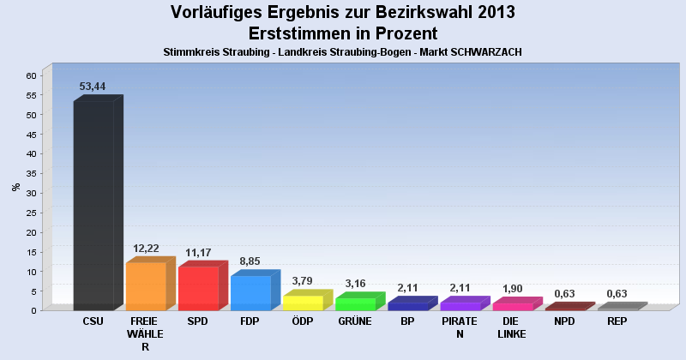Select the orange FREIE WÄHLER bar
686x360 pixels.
146,286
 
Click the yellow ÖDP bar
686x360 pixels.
303,303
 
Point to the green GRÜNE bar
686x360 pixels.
355,303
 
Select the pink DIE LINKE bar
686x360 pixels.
513,306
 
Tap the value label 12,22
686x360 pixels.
146,249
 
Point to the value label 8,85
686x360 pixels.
250,261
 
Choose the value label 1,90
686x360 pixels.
513,289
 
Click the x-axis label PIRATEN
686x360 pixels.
460,327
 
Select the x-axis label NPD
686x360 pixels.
564,321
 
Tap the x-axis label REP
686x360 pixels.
617,321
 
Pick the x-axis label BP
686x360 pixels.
407,321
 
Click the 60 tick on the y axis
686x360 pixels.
30,75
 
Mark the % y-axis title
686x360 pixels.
15,187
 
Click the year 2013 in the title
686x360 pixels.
491,12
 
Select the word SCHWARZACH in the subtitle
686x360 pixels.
486,52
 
